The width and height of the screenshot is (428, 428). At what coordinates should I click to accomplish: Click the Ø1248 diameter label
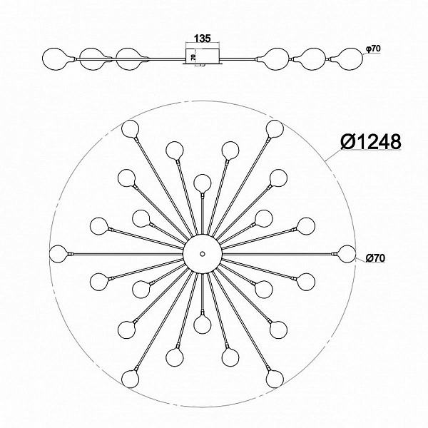pos(371,142)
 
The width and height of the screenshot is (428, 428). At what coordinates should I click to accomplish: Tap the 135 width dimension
pos(203,39)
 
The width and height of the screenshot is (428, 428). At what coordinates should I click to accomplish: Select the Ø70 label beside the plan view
pos(375,258)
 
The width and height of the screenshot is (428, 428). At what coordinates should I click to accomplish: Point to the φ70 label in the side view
pos(373,49)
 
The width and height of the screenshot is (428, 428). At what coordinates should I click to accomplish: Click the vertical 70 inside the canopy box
pos(193,57)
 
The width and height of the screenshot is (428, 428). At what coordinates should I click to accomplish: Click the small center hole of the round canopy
pos(203,254)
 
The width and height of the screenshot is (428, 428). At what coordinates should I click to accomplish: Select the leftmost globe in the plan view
pos(58,254)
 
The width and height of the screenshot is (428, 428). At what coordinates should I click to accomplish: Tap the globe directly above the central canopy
pos(203,183)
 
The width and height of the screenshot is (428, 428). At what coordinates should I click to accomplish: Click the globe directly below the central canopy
pos(203,325)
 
